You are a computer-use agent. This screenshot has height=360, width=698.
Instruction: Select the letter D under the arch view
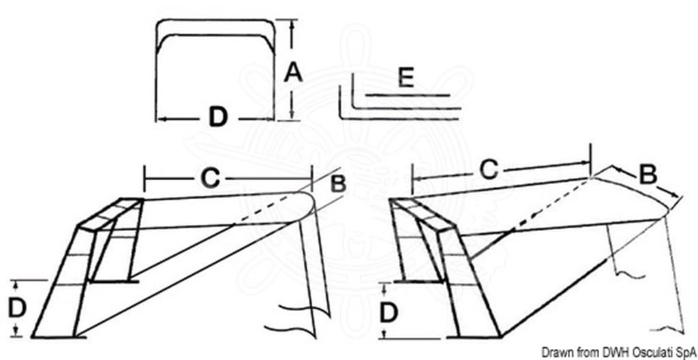click(218, 118)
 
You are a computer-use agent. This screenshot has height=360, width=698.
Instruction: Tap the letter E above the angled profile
click(406, 78)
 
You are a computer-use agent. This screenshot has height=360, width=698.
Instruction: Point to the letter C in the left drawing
click(210, 178)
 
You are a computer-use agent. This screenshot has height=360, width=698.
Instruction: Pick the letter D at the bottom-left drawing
click(17, 308)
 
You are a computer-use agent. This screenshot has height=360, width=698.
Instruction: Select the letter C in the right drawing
click(489, 170)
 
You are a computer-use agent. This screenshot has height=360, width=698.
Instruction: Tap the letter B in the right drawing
click(648, 175)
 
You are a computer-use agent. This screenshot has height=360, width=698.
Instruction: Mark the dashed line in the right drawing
click(550, 205)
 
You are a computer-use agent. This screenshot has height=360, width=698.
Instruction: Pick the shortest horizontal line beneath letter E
click(408, 95)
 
